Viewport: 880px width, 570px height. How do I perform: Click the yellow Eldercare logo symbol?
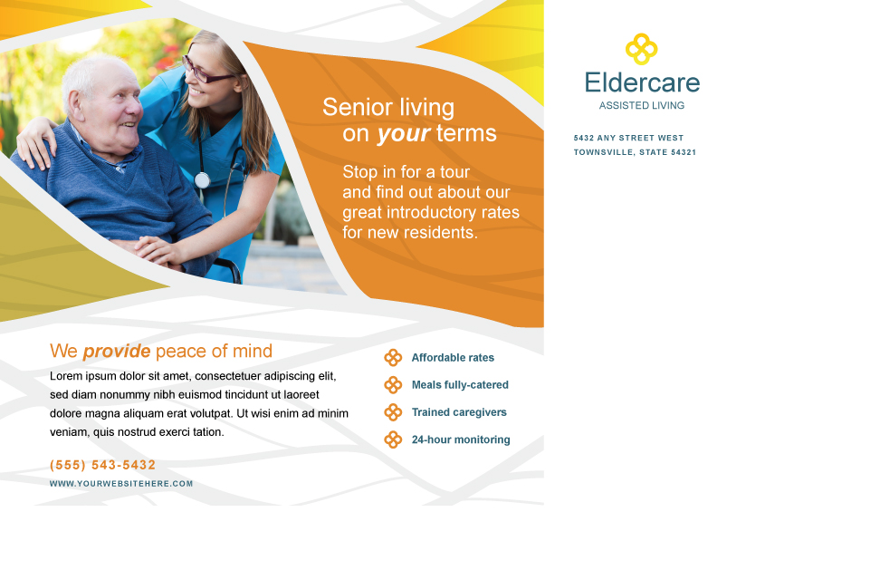click(642, 49)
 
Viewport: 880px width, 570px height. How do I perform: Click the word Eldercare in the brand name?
click(642, 82)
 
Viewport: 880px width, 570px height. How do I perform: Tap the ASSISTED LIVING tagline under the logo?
click(642, 106)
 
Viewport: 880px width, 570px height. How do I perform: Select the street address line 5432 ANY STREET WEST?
click(628, 138)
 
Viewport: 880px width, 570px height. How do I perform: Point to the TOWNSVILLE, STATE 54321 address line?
click(635, 152)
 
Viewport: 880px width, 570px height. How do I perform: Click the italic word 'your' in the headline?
click(404, 134)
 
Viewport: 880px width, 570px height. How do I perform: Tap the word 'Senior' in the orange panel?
click(358, 107)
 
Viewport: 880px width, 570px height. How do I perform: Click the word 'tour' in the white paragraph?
click(454, 172)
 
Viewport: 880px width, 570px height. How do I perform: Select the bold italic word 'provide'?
click(117, 352)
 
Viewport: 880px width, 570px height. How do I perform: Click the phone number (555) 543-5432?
click(102, 465)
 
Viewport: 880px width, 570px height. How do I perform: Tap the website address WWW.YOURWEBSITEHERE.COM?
click(121, 484)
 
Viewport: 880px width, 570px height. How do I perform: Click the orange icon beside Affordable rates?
click(393, 358)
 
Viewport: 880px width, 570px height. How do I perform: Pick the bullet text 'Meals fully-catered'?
click(460, 384)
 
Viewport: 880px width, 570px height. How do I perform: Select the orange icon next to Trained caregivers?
click(393, 412)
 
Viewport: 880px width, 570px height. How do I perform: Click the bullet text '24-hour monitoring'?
click(461, 440)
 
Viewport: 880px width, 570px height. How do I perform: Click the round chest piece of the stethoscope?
click(202, 180)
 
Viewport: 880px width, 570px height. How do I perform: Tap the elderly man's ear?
click(74, 105)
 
